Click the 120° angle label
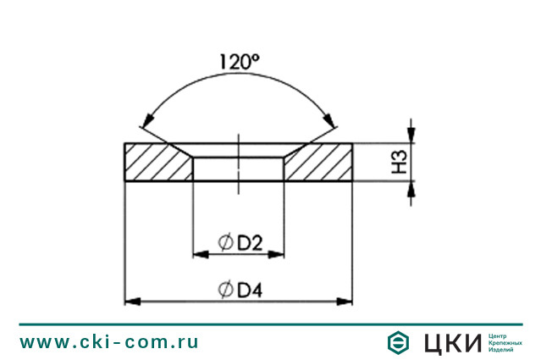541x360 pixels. coord(238,62)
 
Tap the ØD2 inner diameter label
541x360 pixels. coord(240,244)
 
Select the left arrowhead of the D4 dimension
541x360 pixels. coord(132,301)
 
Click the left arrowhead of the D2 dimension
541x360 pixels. coord(200,253)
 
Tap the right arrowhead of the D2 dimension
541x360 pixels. coord(279,253)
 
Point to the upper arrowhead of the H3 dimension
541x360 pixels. coord(411,135)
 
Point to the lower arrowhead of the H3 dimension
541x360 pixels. coord(411,187)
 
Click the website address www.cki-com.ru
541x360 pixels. coord(109,342)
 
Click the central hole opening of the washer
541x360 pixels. coord(239,168)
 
